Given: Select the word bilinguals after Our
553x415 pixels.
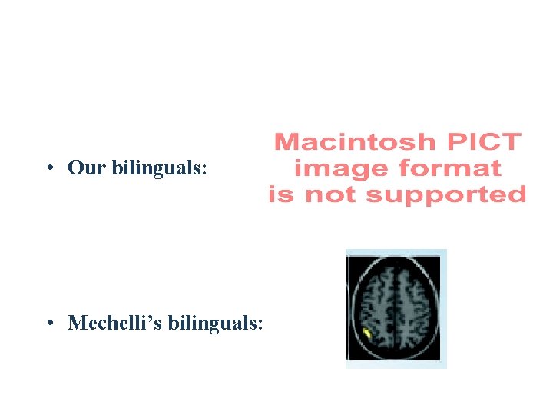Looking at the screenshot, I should (x=157, y=168).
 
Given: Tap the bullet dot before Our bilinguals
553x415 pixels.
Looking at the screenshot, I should (x=48, y=168).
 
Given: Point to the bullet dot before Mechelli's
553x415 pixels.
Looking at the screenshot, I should (x=48, y=324).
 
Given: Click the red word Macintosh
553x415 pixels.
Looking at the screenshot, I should (x=354, y=142).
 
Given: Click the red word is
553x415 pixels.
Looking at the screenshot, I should (x=282, y=195).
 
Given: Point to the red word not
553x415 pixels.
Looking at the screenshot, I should (x=330, y=195).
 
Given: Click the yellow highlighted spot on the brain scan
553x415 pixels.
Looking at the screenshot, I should (x=368, y=334).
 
